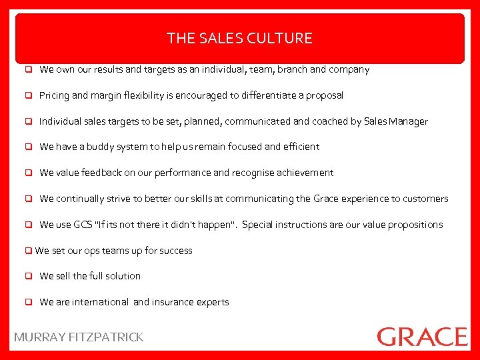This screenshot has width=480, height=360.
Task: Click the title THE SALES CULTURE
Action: pos(239,38)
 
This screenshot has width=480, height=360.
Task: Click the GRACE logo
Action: pos(422,336)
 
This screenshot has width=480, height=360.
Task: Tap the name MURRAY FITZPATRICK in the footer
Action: pos(79,337)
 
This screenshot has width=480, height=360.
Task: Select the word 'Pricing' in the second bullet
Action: pos(54,95)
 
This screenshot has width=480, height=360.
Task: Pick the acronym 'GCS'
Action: pos(83,225)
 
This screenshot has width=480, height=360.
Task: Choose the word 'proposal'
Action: pos(324,95)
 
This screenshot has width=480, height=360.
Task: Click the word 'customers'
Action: pos(425,199)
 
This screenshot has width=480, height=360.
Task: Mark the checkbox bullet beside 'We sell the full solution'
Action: pos(30,276)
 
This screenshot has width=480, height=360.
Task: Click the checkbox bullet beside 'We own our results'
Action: pos(30,69)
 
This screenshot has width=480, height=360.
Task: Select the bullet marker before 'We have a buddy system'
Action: pos(30,147)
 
